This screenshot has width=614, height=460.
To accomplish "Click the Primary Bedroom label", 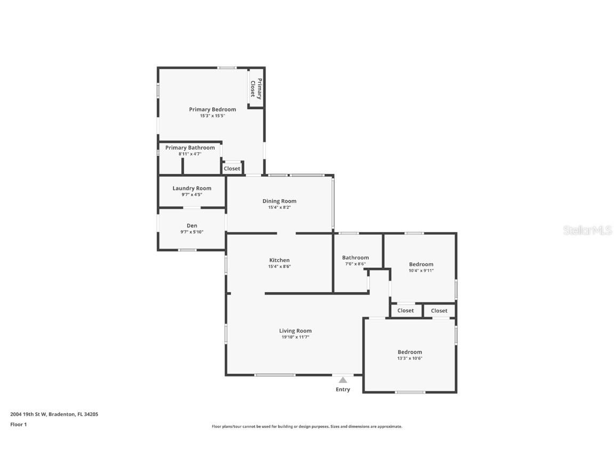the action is [x=213, y=110].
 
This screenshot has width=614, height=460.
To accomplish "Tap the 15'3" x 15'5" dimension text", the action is [x=213, y=116].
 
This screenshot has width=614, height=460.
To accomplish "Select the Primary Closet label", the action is [x=256, y=89].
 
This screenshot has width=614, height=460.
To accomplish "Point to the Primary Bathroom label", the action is [x=190, y=147].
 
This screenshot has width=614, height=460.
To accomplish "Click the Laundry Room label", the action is [x=192, y=188].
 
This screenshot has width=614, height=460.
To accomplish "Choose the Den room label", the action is [x=192, y=226].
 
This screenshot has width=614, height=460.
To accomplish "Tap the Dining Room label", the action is [x=280, y=201].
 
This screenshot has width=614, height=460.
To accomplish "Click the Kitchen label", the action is [x=280, y=260].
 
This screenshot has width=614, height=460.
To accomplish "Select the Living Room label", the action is [x=295, y=331].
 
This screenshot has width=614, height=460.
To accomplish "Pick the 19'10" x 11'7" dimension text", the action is [x=295, y=337].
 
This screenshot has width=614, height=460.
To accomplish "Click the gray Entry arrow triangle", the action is [x=343, y=380].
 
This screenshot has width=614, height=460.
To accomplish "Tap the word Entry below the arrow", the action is [x=343, y=389].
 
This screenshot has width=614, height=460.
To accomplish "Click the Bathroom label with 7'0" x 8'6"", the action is [x=356, y=257].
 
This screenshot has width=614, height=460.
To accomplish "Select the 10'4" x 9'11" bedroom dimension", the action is [x=422, y=270].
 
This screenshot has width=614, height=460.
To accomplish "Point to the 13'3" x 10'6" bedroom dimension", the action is [x=410, y=358].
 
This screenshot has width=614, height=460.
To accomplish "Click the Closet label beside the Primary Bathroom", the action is [x=232, y=169].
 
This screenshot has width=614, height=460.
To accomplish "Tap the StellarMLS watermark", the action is [x=587, y=230].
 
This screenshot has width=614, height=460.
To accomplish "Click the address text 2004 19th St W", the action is [x=28, y=414].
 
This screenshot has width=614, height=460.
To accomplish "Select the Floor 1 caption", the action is [x=19, y=424].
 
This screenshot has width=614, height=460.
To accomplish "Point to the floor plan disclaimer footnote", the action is [x=307, y=427].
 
